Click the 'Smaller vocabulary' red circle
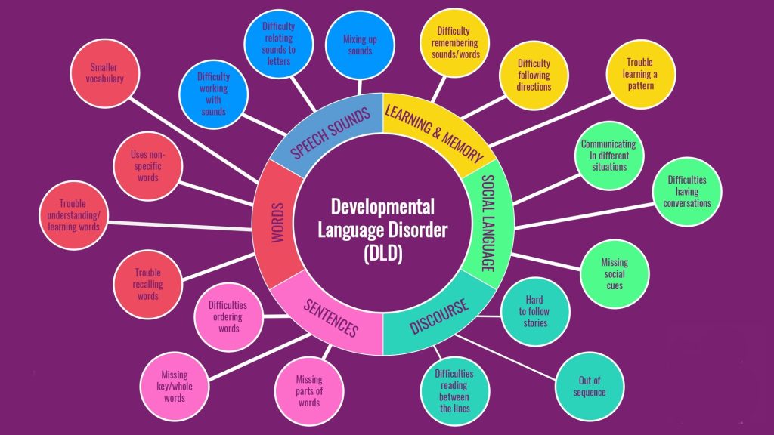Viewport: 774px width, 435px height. [104, 73]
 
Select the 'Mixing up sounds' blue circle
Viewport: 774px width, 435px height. [360, 45]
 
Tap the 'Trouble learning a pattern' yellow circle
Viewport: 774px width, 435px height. [641, 74]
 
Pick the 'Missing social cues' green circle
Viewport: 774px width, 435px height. [615, 273]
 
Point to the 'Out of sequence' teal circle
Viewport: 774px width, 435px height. [590, 386]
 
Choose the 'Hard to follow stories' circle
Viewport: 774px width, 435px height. [535, 312]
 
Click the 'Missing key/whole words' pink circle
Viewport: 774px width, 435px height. [175, 386]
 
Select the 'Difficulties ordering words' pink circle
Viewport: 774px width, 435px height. [228, 316]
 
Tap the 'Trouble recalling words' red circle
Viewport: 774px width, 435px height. [147, 284]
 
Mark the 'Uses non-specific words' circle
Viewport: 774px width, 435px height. [147, 166]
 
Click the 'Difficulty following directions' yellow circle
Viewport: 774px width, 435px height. [534, 75]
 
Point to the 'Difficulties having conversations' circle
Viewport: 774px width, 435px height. [687, 191]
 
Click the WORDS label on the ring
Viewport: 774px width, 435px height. [278, 223]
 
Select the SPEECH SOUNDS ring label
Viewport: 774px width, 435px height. [330, 133]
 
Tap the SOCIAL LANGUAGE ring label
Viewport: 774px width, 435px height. [488, 223]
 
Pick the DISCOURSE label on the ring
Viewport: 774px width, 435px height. [439, 316]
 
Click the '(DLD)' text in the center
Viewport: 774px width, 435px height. [383, 254]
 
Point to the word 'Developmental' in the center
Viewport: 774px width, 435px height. [382, 207]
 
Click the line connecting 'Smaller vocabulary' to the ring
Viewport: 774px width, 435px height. [193, 140]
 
